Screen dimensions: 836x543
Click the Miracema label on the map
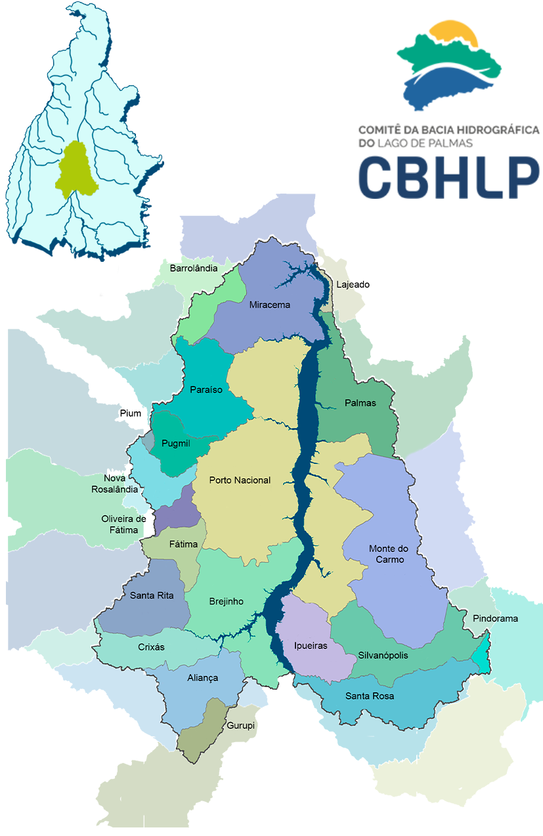click(x=269, y=304)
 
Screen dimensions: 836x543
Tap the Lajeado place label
click(x=353, y=285)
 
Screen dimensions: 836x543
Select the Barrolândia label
click(x=194, y=268)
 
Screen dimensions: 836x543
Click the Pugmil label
click(x=175, y=444)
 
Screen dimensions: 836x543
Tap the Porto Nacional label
click(x=240, y=480)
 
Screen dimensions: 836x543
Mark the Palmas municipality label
click(x=360, y=403)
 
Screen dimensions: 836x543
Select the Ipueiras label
click(x=311, y=646)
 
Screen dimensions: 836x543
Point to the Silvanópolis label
click(x=383, y=656)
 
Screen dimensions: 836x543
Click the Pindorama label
click(x=495, y=619)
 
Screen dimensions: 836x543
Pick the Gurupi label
click(x=240, y=726)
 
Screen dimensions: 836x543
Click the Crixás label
click(x=151, y=647)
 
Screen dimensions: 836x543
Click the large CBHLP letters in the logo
click(x=448, y=177)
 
